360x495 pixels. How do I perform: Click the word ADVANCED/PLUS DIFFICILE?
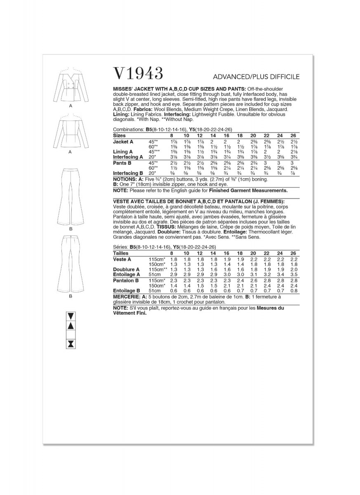(256, 77)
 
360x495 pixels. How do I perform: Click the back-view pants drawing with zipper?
(71, 264)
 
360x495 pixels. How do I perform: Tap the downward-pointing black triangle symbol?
(71, 316)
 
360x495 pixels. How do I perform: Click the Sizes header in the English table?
(120, 135)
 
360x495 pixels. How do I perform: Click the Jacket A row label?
(123, 141)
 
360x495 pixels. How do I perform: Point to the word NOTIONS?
(125, 180)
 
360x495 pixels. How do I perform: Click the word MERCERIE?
(126, 297)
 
